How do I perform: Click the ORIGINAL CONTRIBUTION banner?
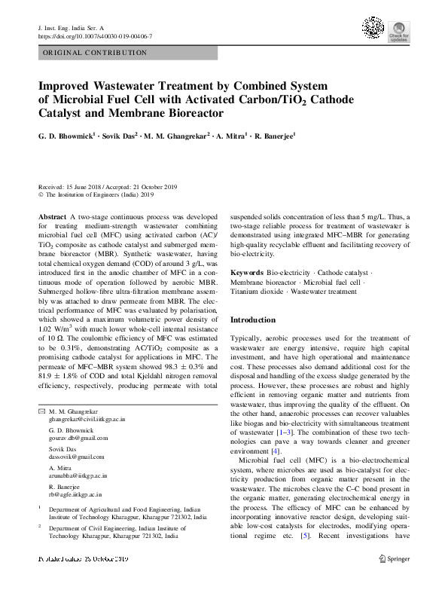click(95, 53)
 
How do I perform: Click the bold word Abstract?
click(50, 215)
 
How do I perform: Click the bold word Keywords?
click(247, 292)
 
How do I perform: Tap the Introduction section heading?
click(253, 320)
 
